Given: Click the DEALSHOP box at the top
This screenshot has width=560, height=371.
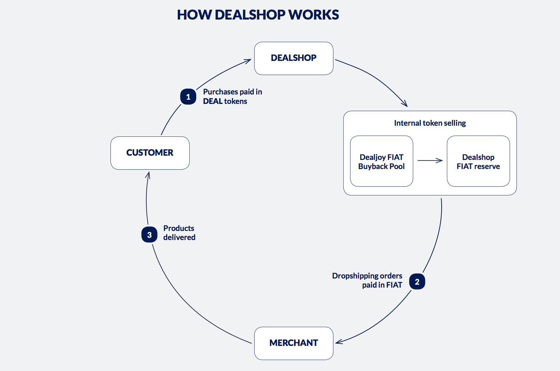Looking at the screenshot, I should pos(293,58).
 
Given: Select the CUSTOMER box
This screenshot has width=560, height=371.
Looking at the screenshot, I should pos(150,153).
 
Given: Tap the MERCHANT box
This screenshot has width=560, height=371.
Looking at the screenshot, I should pos(293,343).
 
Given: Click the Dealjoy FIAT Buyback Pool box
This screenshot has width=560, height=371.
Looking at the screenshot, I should pos(381,161).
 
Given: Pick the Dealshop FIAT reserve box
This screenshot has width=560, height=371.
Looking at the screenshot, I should pos(478,161).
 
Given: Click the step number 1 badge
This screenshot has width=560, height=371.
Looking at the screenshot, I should pos(188,97).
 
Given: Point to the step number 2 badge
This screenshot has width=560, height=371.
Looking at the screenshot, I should pos(417,282).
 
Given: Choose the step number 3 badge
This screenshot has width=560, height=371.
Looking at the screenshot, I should pos(149,235).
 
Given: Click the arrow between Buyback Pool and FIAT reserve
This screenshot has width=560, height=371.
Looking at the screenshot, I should pos(430,160).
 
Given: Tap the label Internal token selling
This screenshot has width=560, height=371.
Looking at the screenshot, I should pos(430,123).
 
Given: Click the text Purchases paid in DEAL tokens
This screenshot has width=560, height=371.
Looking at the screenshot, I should pos(232,96).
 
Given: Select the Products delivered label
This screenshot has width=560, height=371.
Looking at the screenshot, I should pos(179,233).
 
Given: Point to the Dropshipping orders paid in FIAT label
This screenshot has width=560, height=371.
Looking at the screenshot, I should pos(367,280).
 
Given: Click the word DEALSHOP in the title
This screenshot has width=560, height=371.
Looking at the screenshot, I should pos(250,15).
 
